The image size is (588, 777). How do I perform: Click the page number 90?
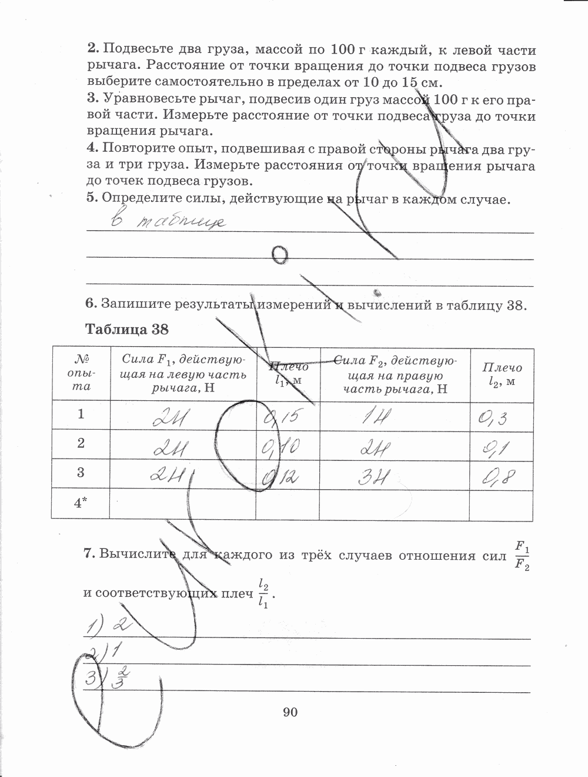click(x=290, y=713)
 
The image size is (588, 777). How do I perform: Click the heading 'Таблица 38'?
click(x=127, y=329)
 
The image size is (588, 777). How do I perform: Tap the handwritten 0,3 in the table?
click(x=493, y=418)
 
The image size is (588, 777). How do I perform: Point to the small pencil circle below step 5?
click(x=281, y=255)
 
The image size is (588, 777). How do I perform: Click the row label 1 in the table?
click(x=81, y=414)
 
